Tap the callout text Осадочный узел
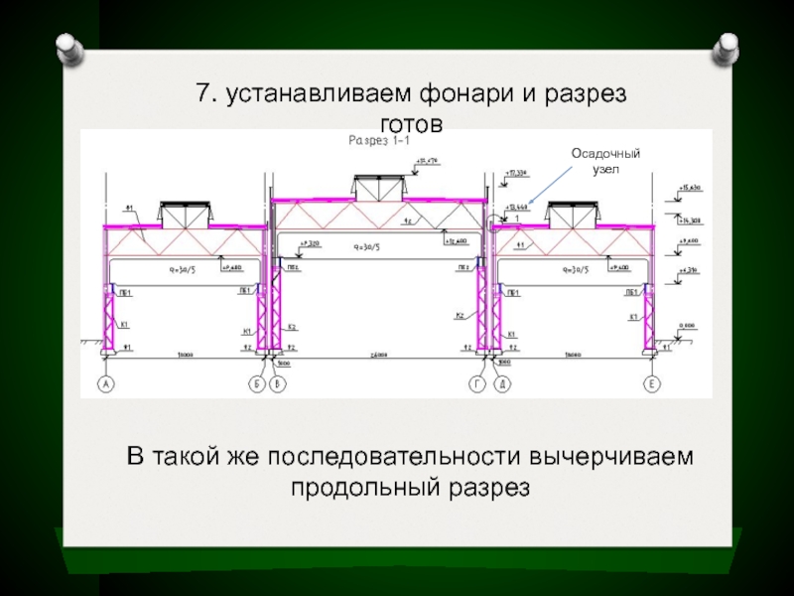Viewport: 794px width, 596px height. coord(605,161)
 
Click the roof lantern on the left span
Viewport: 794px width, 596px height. coord(187,214)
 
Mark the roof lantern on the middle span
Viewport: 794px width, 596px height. coord(380,187)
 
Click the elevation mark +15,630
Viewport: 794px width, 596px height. coord(689,187)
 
